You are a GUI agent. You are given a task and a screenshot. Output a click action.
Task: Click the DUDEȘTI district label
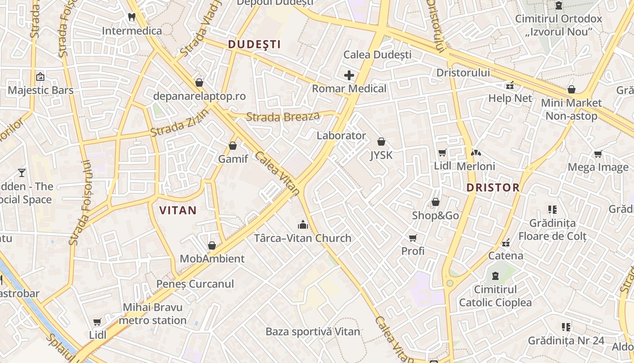[254, 44]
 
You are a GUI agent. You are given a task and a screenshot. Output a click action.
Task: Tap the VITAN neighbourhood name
[178, 211]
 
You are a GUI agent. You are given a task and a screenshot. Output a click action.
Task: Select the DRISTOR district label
[493, 187]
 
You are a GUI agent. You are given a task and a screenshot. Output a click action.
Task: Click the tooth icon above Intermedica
[132, 17]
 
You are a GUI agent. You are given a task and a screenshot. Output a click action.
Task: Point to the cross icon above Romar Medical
[349, 75]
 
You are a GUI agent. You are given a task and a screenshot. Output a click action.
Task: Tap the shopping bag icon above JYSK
[381, 142]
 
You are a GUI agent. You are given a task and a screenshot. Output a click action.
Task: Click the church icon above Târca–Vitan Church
[303, 225]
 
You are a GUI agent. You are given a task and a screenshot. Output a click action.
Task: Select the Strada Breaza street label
[283, 117]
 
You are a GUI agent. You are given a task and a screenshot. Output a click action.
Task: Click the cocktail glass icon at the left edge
[21, 172]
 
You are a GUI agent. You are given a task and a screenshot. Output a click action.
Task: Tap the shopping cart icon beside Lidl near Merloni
[442, 153]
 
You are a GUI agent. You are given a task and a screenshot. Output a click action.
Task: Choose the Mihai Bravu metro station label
[153, 314]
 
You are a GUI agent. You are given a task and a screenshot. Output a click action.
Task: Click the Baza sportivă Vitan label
[313, 332]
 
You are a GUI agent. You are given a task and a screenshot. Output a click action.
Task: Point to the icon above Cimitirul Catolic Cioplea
[495, 276]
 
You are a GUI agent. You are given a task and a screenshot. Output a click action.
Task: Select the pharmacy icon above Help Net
[510, 85]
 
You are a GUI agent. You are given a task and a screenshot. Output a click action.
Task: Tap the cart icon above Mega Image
[598, 154]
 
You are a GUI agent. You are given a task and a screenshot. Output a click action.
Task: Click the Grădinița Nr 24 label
[566, 341]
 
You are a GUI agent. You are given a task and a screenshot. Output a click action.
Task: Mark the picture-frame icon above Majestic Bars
[40, 77]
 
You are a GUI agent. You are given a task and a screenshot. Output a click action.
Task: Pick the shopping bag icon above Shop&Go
[436, 202]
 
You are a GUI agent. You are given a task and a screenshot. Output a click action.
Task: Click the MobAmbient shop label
[212, 259]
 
